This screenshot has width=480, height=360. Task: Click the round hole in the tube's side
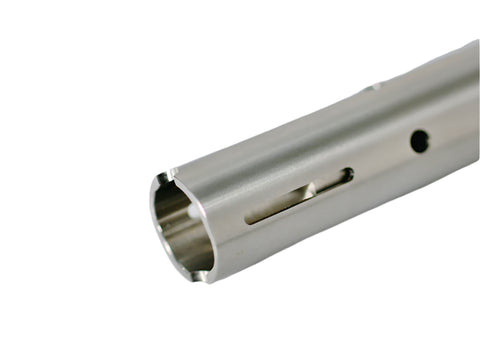(419, 141)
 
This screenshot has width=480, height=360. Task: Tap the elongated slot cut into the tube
(300, 196)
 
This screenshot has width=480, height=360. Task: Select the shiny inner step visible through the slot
(300, 192)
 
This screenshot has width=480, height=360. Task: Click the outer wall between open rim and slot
(225, 225)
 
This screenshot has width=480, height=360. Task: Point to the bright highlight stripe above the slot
(290, 160)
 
